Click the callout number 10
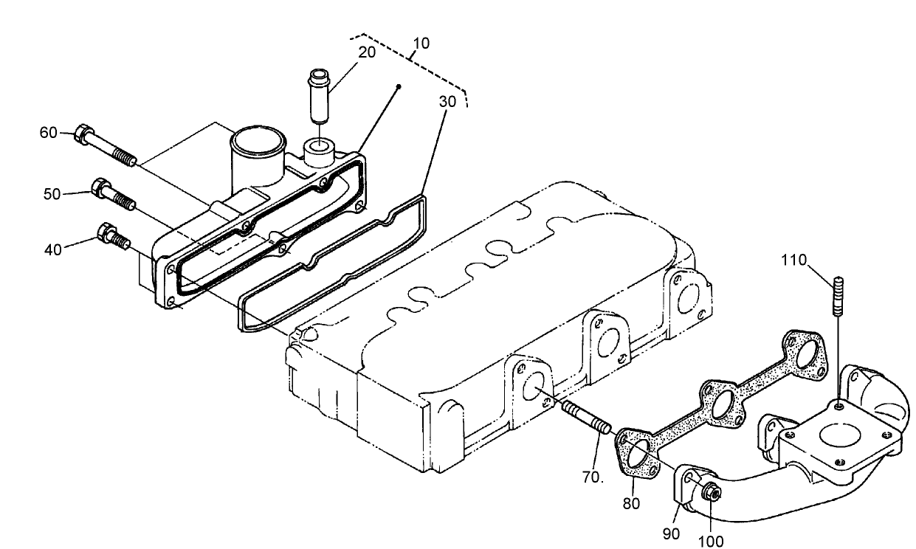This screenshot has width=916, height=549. tap(421, 44)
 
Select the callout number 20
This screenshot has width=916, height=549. tap(367, 52)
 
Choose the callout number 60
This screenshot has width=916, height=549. tap(48, 133)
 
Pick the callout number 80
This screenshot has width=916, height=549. tap(631, 504)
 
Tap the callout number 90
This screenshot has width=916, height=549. tap(671, 534)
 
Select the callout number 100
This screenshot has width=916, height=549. tap(710, 540)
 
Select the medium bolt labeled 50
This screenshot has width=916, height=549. tap(112, 194)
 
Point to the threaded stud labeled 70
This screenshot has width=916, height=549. tap(586, 418)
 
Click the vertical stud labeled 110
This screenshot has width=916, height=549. tap(838, 295)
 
